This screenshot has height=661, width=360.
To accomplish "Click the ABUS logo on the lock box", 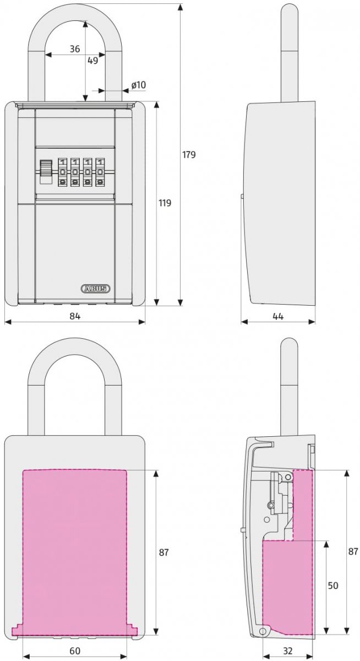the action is pos(95,289).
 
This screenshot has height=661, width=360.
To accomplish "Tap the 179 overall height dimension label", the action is pos(189,154).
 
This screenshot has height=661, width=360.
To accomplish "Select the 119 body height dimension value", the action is pos(165,203).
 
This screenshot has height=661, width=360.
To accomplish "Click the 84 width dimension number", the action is pos(75,316).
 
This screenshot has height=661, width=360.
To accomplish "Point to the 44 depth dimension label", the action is pos(278,316).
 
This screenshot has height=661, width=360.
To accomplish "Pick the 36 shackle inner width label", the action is pos(75,48).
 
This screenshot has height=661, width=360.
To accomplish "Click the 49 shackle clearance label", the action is pos(93,61).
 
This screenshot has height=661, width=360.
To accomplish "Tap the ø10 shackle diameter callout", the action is pos(139,85).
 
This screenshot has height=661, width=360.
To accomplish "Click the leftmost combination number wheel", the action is pos(63,172).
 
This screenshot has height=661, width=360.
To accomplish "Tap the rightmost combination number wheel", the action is pos(101,172).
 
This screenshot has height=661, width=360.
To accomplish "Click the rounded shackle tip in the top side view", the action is pos(289,10).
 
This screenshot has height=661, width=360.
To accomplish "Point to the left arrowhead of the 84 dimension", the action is pos(8,322).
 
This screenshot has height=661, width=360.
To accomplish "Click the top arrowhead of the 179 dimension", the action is pos(179,7).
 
